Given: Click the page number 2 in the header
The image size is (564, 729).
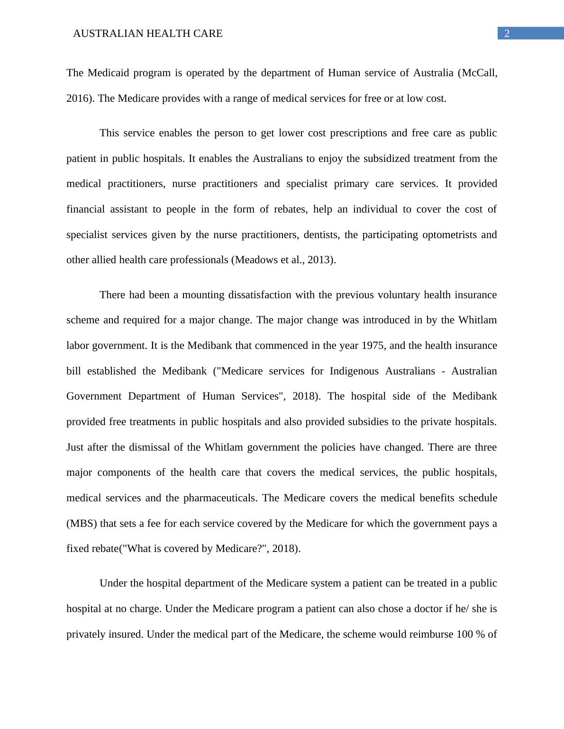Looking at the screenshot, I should click(507, 34).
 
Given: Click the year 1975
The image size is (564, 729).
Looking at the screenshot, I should click(373, 346).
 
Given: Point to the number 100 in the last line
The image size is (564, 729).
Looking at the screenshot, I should click(465, 634).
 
